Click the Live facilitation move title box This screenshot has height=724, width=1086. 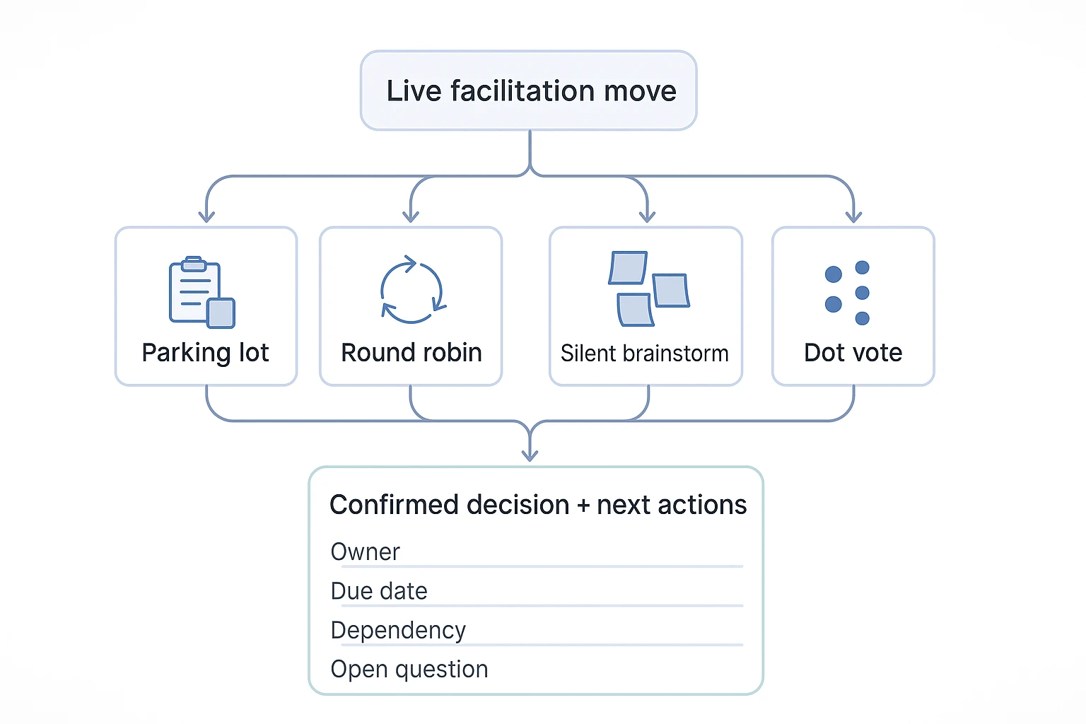528,90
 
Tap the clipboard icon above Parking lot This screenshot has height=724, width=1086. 202,292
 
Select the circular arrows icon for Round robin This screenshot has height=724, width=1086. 412,289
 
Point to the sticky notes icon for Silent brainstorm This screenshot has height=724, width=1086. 648,288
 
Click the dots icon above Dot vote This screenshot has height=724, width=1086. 848,293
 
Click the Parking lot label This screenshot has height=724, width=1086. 206,353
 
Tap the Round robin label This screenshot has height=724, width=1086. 411,353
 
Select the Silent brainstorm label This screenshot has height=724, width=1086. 645,354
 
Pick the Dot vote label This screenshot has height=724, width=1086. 853,353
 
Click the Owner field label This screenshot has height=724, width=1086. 365,552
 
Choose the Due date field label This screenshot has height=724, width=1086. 379,591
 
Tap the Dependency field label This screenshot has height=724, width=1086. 398,631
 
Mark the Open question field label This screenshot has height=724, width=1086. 409,670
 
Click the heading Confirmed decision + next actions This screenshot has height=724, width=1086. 538,505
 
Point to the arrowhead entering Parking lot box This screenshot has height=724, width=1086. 206,216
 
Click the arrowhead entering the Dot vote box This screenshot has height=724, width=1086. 853,216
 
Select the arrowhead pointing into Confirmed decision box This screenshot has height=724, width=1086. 530,455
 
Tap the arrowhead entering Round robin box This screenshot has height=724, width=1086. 411,216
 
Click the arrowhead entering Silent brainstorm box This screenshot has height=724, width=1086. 647,216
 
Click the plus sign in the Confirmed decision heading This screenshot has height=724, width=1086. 583,506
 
